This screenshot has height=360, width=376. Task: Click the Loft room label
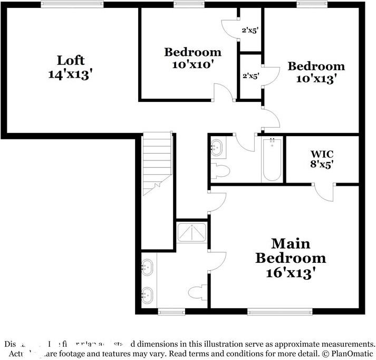tap(71, 60)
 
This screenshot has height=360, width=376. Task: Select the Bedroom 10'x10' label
tap(192, 52)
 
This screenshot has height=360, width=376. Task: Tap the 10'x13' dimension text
tap(316, 79)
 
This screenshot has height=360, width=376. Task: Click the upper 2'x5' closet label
tap(250, 31)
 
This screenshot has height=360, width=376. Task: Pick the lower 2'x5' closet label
tap(250, 76)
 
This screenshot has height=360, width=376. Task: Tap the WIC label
tap(321, 154)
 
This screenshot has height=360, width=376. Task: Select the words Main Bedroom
tap(291, 251)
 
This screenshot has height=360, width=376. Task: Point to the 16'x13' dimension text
tap(291, 273)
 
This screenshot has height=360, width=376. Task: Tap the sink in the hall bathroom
tap(218, 148)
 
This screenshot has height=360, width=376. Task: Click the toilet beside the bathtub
tap(220, 171)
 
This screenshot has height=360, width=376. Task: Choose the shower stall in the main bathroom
tap(192, 232)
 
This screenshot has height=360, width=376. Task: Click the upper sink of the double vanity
tap(147, 267)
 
